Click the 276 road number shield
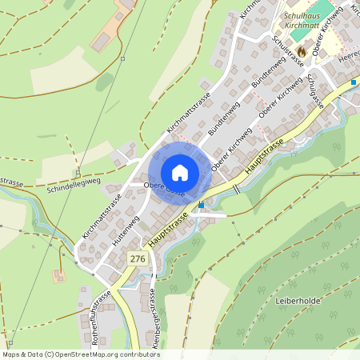[137, 258]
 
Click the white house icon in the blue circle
[180, 172]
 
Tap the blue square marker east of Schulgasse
[353, 82]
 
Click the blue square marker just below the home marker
[201, 204]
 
